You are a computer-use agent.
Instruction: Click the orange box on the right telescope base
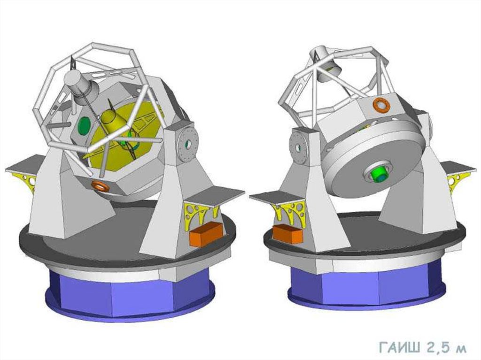287,234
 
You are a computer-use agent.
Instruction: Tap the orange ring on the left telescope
100,186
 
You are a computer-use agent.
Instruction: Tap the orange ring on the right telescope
381,105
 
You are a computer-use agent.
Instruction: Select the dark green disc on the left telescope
84,125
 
